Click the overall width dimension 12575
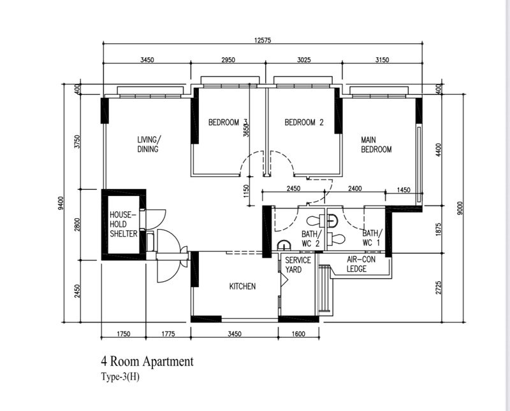coord(262,40)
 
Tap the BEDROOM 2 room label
coord(303,123)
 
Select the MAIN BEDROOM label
coord(376,144)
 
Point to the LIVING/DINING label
coord(149,144)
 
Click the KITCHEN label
coord(242,286)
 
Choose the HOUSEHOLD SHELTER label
coord(124,224)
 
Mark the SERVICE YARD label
coord(298,265)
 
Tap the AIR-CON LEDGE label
coord(360,264)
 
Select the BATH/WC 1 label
coord(372,238)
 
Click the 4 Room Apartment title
coord(147,362)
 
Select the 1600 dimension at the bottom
coord(298,333)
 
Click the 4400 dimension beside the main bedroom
coord(438,150)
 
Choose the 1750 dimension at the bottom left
coord(124,333)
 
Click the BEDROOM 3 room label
coord(228,123)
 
